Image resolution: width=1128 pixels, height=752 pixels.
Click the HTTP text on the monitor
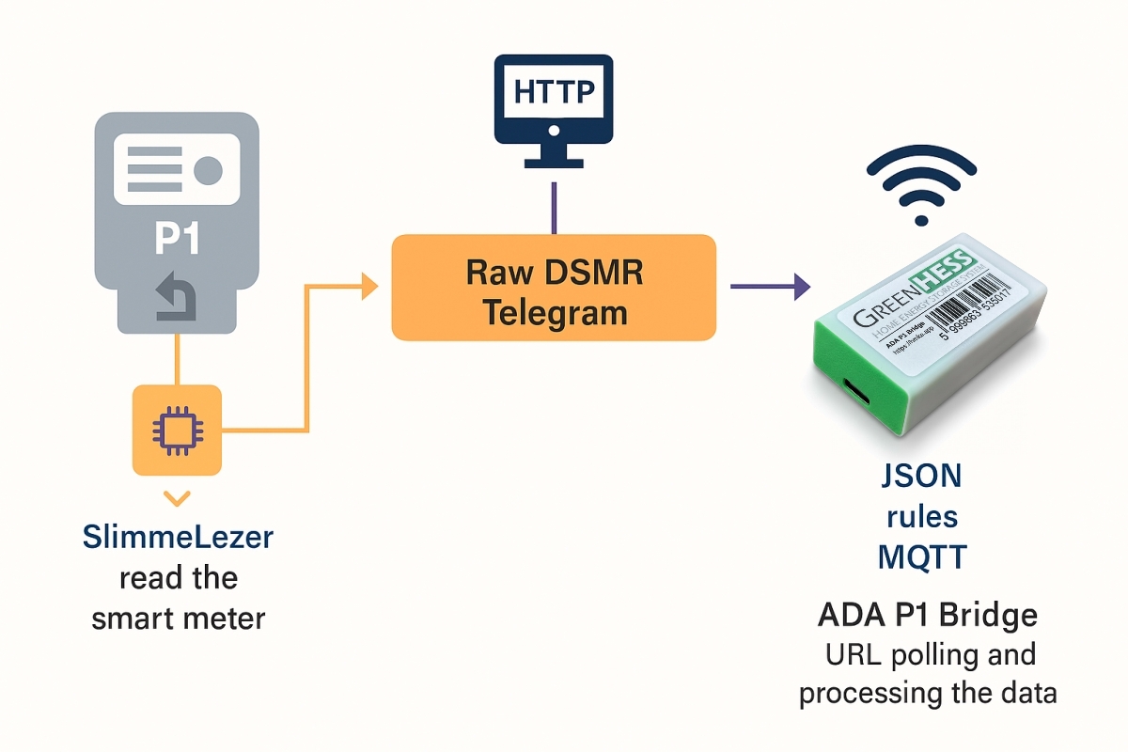click(x=554, y=93)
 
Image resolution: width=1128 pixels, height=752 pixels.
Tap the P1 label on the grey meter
click(x=177, y=239)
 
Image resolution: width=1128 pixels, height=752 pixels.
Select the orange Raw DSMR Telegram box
click(x=554, y=287)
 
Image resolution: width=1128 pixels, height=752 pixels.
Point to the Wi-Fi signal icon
click(x=921, y=184)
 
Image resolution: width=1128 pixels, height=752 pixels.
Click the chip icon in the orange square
click(x=178, y=430)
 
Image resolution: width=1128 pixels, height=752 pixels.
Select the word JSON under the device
click(x=921, y=476)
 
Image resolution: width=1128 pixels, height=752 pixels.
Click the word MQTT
click(x=921, y=557)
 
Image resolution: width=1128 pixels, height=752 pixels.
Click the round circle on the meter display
click(x=207, y=170)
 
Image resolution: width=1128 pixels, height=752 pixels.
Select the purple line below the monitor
click(x=554, y=207)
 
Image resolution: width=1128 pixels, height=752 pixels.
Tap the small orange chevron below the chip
click(x=177, y=496)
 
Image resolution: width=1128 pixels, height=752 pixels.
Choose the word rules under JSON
click(x=921, y=517)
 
